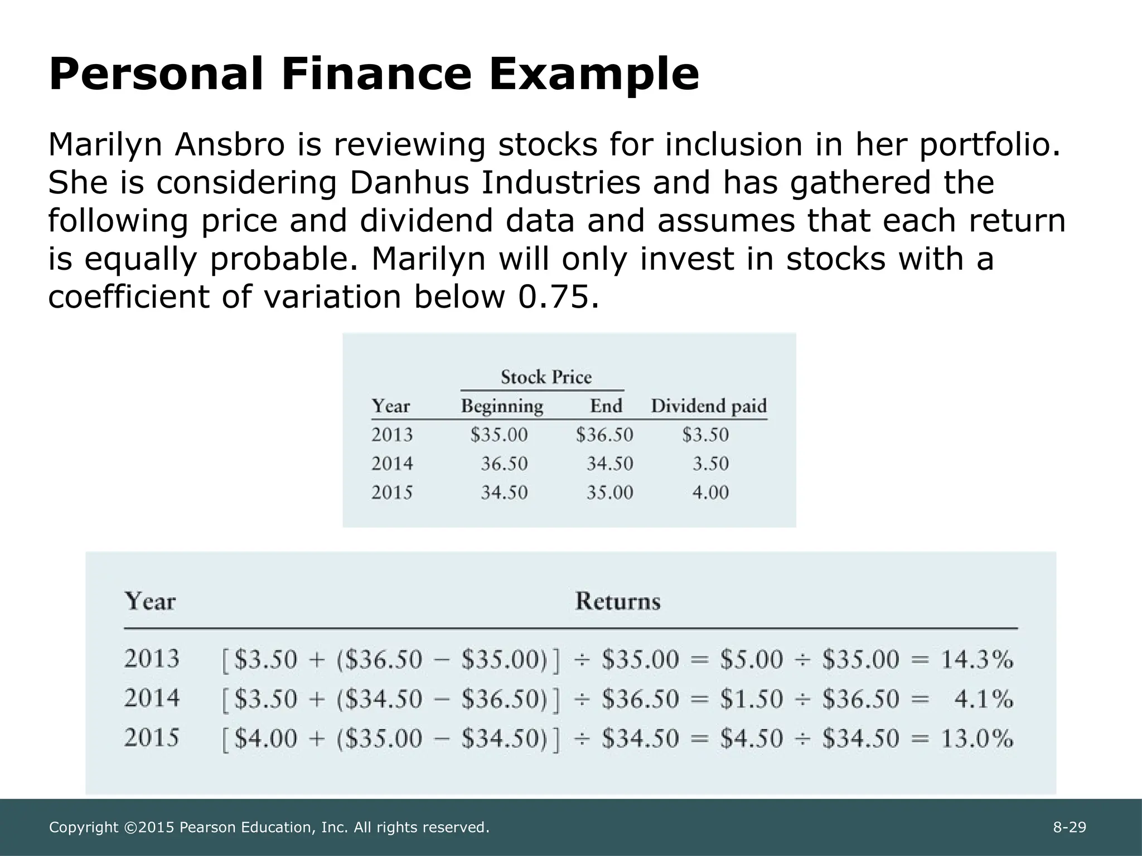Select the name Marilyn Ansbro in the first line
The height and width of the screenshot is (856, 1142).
pyautogui.click(x=166, y=145)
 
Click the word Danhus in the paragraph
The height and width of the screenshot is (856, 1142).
pyautogui.click(x=409, y=183)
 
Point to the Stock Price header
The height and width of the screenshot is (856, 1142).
pyautogui.click(x=546, y=377)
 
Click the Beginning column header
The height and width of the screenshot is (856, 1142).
pyautogui.click(x=502, y=406)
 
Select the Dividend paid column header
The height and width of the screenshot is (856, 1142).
pyautogui.click(x=709, y=406)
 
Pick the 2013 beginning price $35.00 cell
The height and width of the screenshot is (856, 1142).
pyautogui.click(x=499, y=435)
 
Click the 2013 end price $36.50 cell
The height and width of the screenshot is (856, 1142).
pyautogui.click(x=604, y=435)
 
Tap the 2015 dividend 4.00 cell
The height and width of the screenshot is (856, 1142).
pyautogui.click(x=710, y=493)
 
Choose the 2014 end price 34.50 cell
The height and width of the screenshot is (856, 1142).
pyautogui.click(x=609, y=464)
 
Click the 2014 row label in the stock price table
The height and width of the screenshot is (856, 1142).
pyautogui.click(x=392, y=464)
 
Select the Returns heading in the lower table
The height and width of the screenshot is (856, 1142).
pyautogui.click(x=617, y=601)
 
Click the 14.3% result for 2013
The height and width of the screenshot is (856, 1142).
pyautogui.click(x=977, y=660)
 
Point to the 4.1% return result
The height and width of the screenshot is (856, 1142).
pyautogui.click(x=984, y=699)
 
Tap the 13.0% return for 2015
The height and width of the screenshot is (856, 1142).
pyautogui.click(x=977, y=739)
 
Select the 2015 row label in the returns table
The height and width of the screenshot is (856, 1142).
pyautogui.click(x=152, y=738)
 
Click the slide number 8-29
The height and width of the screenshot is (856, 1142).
pyautogui.click(x=1070, y=828)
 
